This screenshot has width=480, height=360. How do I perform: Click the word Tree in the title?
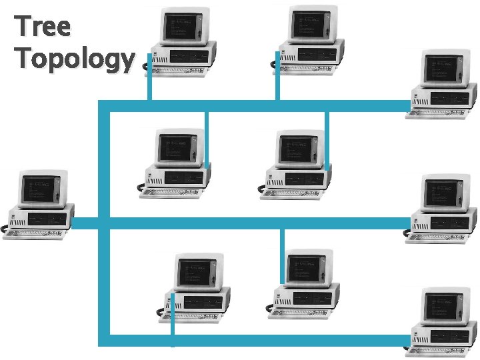pos(42,27)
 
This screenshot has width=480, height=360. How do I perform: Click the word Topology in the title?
pos(74,59)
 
